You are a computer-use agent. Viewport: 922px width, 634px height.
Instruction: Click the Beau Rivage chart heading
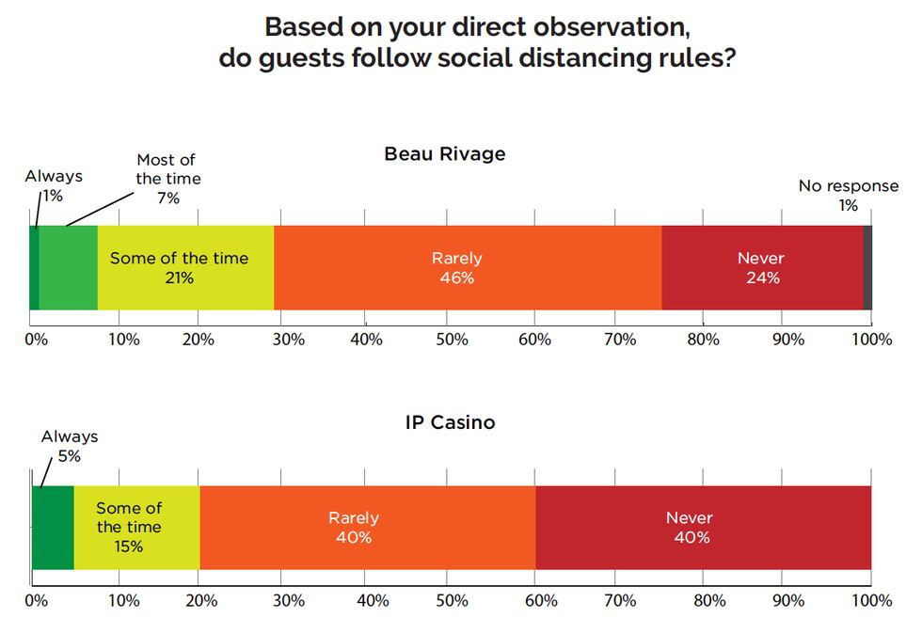point(444,154)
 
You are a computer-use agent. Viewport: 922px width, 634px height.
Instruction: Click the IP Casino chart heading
point(450,422)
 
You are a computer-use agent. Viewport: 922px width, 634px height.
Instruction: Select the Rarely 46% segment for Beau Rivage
point(467,268)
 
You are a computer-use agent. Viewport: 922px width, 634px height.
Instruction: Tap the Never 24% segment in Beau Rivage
point(761,268)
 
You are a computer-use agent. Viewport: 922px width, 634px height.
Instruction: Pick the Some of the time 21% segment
point(184,268)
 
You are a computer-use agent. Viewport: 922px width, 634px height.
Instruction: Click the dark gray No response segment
point(867,268)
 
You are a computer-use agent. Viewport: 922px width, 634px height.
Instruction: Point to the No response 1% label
point(848,196)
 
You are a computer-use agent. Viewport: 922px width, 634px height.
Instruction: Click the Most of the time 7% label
point(167,179)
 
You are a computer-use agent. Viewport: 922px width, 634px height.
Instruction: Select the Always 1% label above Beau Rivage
point(53,186)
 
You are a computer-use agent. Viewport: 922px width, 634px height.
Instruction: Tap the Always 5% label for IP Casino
point(69,446)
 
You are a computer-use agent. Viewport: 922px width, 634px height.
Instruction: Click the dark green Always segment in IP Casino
point(53,528)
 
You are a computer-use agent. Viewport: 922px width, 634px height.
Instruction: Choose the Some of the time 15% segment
point(136,528)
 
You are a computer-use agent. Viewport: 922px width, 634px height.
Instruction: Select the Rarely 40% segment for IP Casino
point(367,528)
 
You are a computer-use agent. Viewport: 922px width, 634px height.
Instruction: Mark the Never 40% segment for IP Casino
point(702,528)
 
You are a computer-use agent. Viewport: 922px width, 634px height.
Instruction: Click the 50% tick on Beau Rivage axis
point(452,340)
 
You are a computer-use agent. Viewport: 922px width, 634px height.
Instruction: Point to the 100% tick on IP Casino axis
point(870,600)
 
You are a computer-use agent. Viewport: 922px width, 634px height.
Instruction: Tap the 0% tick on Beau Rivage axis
point(35,340)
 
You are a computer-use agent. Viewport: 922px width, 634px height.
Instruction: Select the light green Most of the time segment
point(68,268)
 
